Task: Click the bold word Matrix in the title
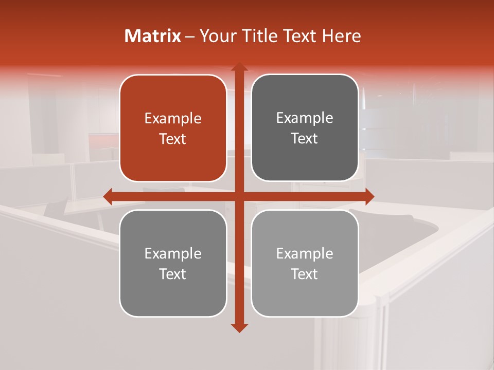pyautogui.click(x=153, y=36)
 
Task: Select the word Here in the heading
pyautogui.click(x=341, y=36)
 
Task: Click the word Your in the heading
pyautogui.click(x=217, y=36)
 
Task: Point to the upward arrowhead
pyautogui.click(x=239, y=67)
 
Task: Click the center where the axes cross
pyautogui.click(x=239, y=196)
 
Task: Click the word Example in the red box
pyautogui.click(x=173, y=119)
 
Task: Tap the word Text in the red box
pyautogui.click(x=173, y=139)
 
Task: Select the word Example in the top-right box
pyautogui.click(x=305, y=118)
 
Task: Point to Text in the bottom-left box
pyautogui.click(x=173, y=274)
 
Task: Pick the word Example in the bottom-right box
pyautogui.click(x=305, y=254)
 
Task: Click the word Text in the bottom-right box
pyautogui.click(x=305, y=274)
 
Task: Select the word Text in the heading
pyautogui.click(x=302, y=36)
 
